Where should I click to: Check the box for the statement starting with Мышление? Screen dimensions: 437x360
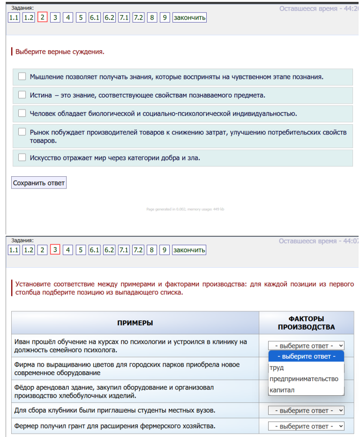[x=22, y=76]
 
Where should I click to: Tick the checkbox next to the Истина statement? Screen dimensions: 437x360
[x=22, y=95]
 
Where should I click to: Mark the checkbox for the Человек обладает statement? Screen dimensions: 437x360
[x=22, y=113]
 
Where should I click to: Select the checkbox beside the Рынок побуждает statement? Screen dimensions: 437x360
[x=22, y=132]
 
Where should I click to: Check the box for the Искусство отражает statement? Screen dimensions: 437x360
[x=22, y=158]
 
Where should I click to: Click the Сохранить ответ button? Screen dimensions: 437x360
[x=39, y=182]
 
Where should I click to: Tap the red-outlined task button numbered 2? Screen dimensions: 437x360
[x=42, y=18]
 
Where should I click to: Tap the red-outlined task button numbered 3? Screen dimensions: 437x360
[x=55, y=250]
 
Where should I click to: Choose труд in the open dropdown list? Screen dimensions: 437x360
[x=277, y=368]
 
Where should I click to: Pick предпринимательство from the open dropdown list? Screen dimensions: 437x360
[x=304, y=379]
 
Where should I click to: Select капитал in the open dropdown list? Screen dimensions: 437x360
[x=282, y=390]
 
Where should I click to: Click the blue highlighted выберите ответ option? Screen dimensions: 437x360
[x=306, y=356]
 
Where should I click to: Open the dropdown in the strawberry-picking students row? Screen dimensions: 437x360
[x=306, y=410]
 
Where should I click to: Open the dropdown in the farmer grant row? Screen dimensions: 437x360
[x=306, y=426]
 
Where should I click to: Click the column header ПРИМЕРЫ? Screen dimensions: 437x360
[x=135, y=323]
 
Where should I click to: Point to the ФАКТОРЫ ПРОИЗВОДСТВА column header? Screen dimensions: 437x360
[x=306, y=323]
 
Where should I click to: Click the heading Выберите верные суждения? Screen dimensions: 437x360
[x=60, y=52]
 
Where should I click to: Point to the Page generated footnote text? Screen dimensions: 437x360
[x=185, y=209]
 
